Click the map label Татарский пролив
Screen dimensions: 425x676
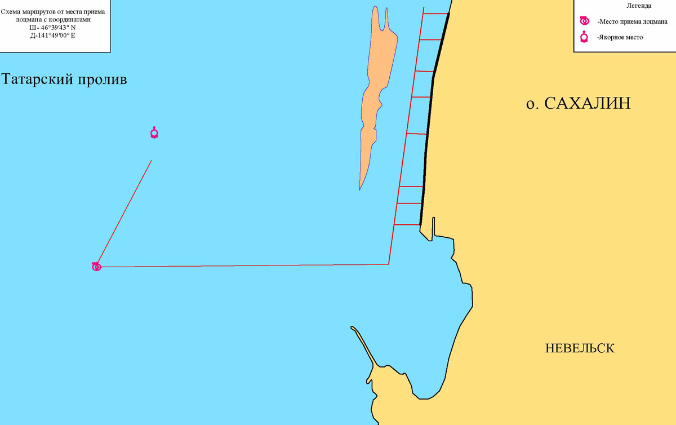pos(64,79)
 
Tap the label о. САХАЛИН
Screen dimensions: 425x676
pos(578,104)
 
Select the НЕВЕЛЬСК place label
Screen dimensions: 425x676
pos(580,348)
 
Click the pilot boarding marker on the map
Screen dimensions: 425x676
pos(96,267)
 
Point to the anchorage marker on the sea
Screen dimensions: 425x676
pos(154,133)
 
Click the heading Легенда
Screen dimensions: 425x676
pos(639,6)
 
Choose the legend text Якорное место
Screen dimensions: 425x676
pos(620,38)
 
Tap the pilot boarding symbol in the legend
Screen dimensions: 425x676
pos(585,21)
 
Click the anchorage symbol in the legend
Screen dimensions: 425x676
pos(585,37)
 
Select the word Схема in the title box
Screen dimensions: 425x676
pos(11,11)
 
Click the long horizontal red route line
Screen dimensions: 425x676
pos(242,265)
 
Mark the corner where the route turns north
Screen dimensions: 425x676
pos(389,264)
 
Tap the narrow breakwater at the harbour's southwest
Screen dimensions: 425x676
pos(363,344)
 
